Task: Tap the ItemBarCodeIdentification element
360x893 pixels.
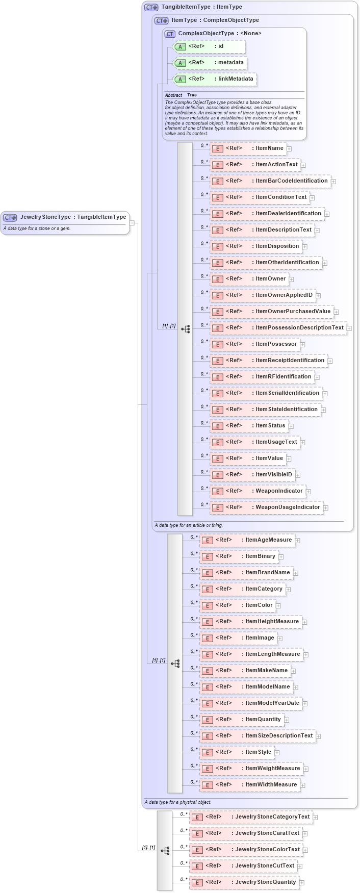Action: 270,181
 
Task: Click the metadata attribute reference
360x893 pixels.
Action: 210,63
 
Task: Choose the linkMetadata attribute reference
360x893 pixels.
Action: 215,79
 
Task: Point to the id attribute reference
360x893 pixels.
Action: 209,46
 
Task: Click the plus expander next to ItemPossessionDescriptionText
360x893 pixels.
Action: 349,328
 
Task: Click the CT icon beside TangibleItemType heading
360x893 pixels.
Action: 151,7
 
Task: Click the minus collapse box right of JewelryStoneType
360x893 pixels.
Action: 132,222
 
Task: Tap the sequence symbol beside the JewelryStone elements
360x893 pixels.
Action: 165,850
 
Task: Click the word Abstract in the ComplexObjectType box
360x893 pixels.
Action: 173,95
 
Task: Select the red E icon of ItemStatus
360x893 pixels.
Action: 218,426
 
